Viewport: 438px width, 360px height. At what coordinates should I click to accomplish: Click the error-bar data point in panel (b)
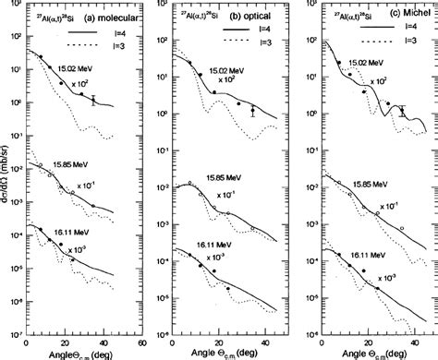253,110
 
